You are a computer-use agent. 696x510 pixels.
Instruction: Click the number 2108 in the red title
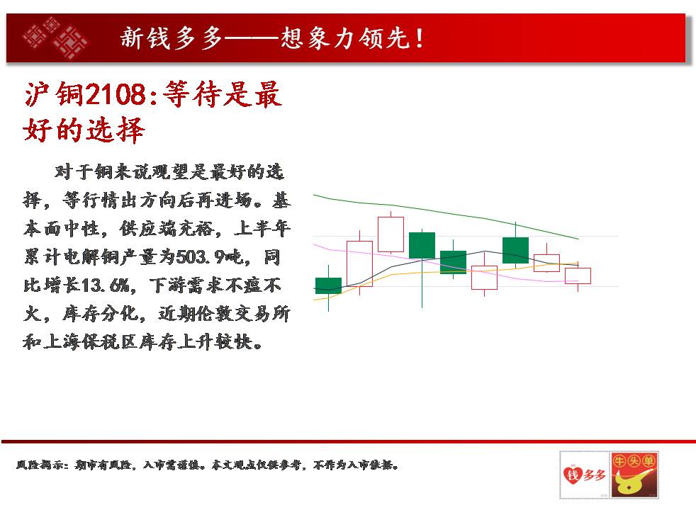(x=115, y=94)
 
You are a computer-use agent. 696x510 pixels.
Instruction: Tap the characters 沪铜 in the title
(x=54, y=94)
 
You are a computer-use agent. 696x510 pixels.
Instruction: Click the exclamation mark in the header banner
(x=419, y=38)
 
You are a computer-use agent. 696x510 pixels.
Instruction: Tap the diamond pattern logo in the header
(x=55, y=38)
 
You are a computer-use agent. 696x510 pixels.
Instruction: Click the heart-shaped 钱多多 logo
(x=585, y=475)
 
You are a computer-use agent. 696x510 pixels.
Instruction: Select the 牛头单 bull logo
(x=634, y=475)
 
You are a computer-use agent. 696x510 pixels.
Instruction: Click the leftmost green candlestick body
(x=328, y=285)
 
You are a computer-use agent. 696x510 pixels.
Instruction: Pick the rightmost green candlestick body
(x=515, y=251)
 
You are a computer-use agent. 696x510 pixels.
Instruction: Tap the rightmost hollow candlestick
(x=578, y=276)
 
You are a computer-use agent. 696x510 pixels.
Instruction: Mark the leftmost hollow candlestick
(x=359, y=263)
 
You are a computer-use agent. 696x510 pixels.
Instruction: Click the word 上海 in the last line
(x=62, y=342)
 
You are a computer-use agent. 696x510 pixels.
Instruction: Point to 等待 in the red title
(x=192, y=94)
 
